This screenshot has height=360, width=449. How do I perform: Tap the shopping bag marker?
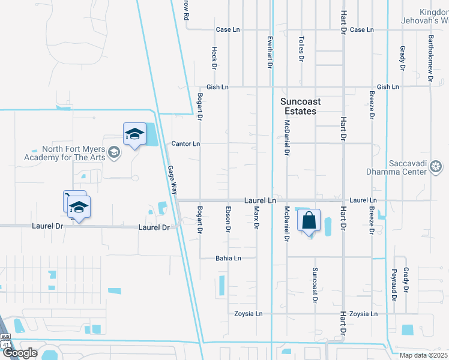pyautogui.click(x=309, y=220)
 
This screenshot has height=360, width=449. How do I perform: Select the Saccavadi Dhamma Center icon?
pyautogui.click(x=436, y=166)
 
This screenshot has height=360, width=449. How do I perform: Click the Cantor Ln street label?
pyautogui.click(x=185, y=144)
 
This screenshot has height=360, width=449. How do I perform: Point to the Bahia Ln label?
pyautogui.click(x=228, y=259)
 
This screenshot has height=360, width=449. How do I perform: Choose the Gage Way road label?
pyautogui.click(x=171, y=178)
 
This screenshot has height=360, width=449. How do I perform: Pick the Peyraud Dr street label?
pyautogui.click(x=394, y=285)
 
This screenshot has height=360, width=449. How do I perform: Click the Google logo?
pyautogui.click(x=20, y=353)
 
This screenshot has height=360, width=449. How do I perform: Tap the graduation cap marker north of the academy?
pyautogui.click(x=134, y=134)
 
